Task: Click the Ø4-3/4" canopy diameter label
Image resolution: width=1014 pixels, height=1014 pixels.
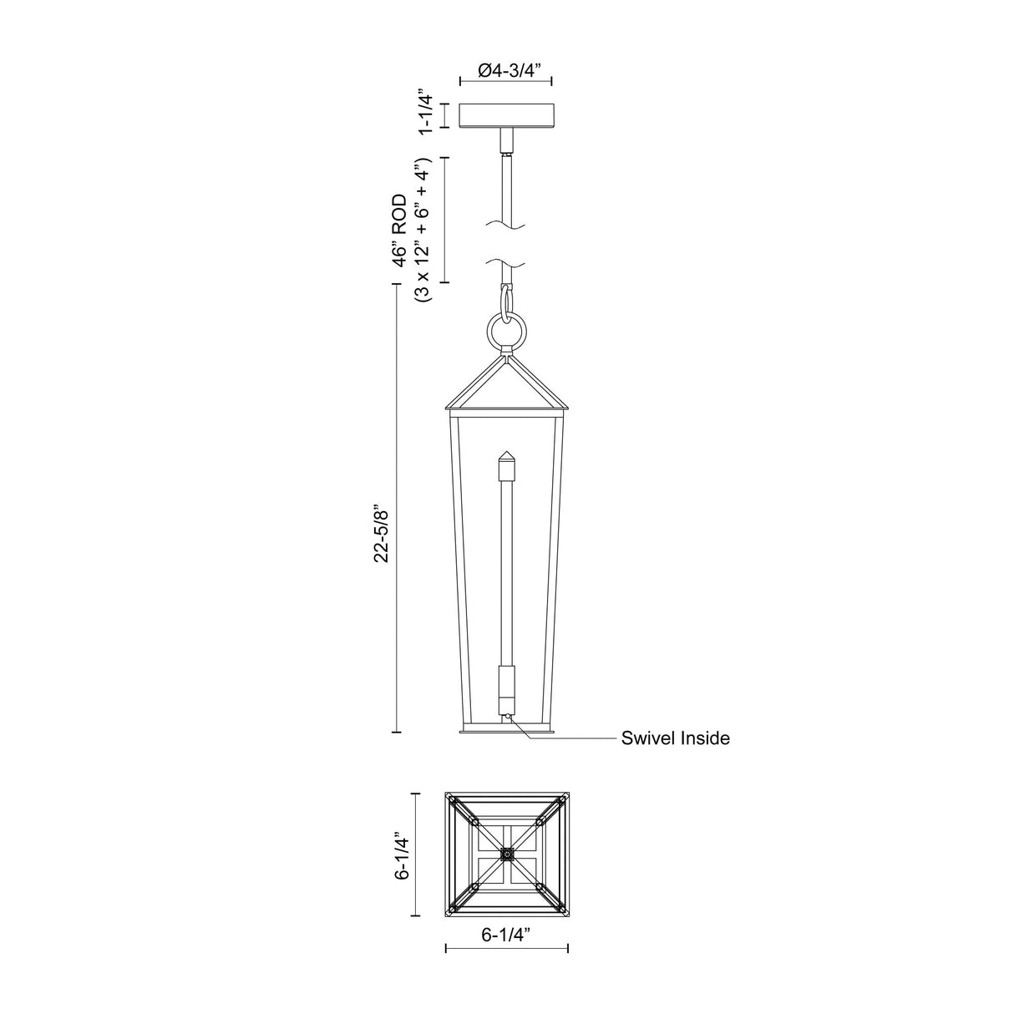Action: click(x=505, y=71)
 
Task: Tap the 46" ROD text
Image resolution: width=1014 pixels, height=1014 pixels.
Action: click(x=401, y=231)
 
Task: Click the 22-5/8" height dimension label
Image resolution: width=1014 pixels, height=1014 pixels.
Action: click(x=382, y=532)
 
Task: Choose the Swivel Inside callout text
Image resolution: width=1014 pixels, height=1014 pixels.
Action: click(x=675, y=738)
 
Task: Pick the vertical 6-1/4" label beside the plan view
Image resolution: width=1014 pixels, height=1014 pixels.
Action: click(x=404, y=854)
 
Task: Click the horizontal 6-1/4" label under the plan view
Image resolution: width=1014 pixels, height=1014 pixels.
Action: click(x=506, y=936)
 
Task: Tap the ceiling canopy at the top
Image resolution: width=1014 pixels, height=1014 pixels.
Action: click(x=506, y=115)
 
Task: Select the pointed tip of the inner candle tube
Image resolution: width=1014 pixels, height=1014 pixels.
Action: click(x=506, y=458)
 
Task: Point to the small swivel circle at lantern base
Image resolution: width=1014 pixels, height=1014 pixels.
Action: click(x=506, y=715)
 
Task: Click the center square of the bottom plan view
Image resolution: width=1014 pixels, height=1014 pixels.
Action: click(x=506, y=854)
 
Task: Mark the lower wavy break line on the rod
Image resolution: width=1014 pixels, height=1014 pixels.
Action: click(x=506, y=264)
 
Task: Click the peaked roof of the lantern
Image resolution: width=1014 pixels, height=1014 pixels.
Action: click(x=506, y=384)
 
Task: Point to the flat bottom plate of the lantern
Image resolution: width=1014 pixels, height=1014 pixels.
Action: click(x=506, y=733)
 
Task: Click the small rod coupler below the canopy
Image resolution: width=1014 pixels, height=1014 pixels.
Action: click(x=506, y=150)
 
